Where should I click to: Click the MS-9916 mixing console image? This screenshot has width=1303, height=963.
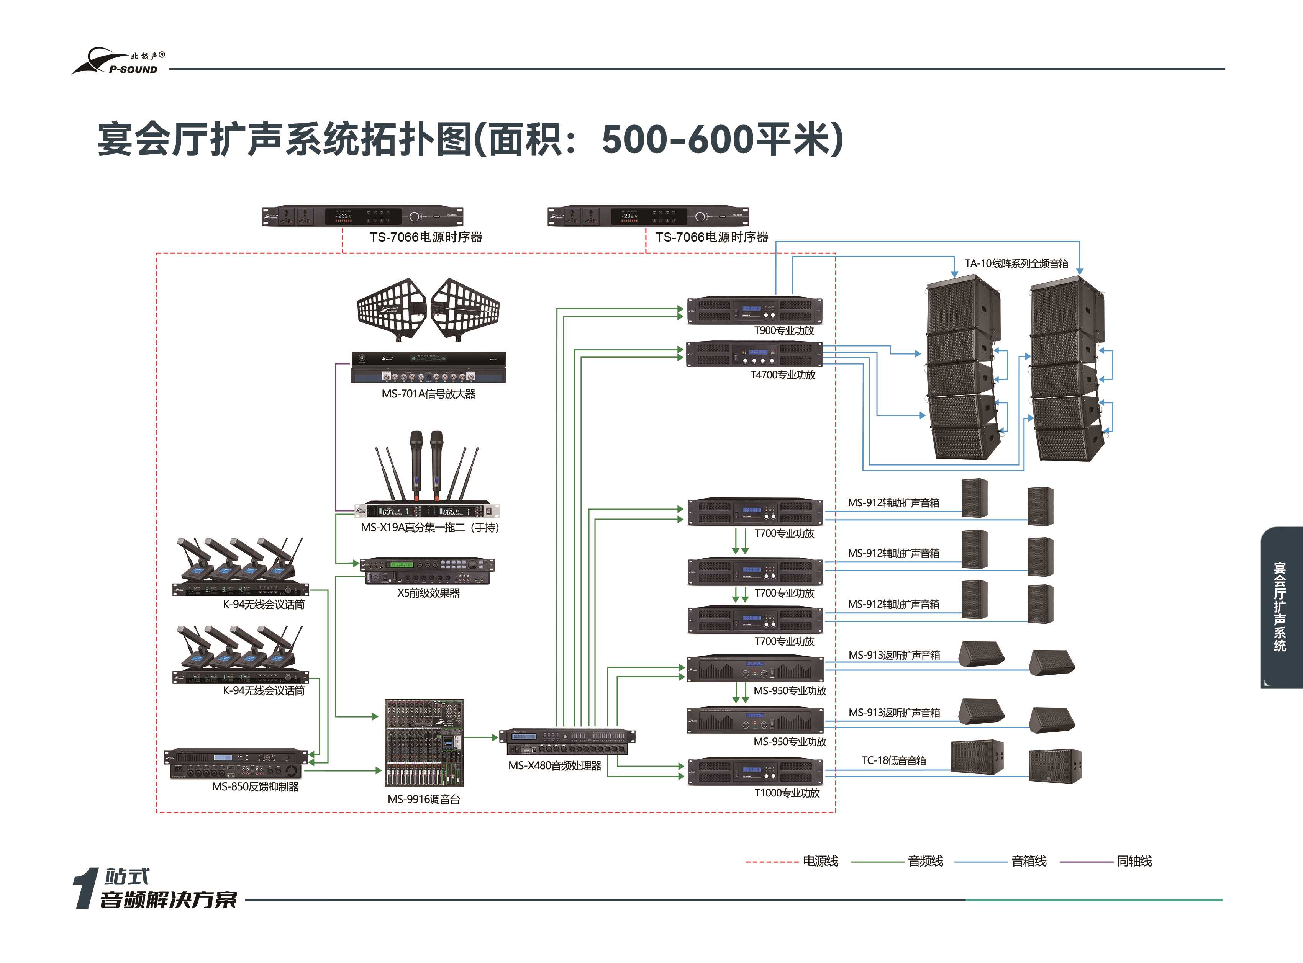[x=424, y=743]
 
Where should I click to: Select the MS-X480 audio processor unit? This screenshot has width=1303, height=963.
[x=567, y=741]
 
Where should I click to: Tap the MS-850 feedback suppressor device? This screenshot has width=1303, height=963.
[x=236, y=764]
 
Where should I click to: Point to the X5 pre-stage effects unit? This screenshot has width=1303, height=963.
[x=427, y=571]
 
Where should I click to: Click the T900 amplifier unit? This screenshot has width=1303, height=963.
[x=755, y=310]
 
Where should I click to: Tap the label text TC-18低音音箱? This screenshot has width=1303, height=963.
[x=893, y=760]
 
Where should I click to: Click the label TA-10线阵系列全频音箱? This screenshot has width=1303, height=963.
[x=1016, y=263]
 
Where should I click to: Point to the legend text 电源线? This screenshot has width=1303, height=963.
[x=820, y=861]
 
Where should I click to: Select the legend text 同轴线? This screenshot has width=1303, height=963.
[x=1134, y=861]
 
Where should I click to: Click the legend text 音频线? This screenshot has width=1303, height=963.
[x=925, y=861]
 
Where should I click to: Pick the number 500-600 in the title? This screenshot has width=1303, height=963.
[x=677, y=140]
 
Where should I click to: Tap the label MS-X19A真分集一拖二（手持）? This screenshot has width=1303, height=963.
[x=430, y=528]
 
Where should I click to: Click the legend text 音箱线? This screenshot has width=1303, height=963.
[x=1029, y=861]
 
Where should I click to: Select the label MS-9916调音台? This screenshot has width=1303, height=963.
[x=424, y=799]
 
